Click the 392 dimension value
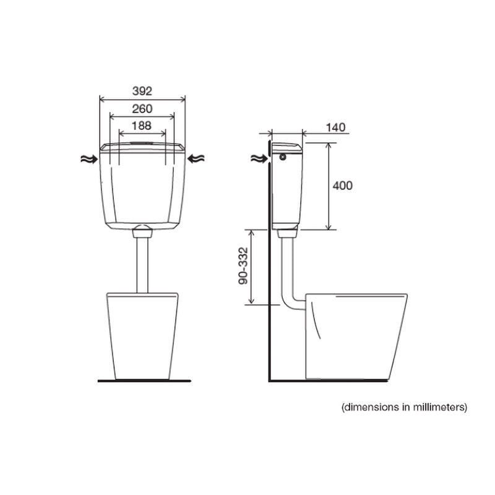point(142,90)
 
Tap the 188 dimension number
point(142,125)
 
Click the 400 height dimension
point(342,186)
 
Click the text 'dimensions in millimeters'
point(404,407)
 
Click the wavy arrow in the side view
point(259,158)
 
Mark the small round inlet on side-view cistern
point(283,157)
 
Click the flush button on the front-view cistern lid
point(142,144)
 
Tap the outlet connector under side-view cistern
point(287,233)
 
